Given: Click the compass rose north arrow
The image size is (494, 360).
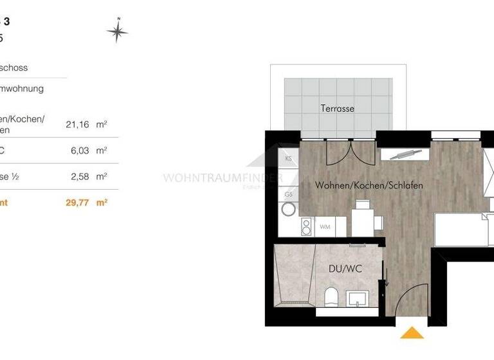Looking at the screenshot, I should click(117, 30).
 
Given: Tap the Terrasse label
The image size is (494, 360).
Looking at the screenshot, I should click(337, 109).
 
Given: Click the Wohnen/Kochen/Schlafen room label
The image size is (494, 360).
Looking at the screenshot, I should click(369, 185).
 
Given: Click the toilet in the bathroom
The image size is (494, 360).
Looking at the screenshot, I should click(332, 298).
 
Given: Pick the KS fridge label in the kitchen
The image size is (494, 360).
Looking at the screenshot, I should click(289, 157).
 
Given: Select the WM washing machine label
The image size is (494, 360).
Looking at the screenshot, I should click(325, 227).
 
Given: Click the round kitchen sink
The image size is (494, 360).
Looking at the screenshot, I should click(289, 208).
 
